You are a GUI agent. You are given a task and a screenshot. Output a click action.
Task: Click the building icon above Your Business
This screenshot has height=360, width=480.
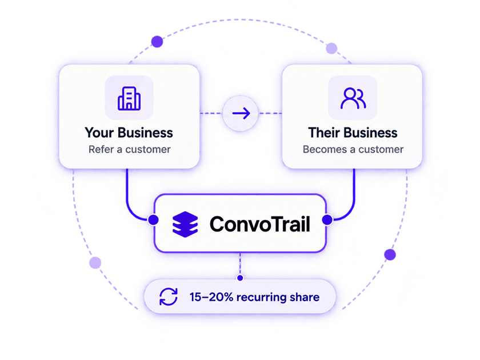coord(129,98)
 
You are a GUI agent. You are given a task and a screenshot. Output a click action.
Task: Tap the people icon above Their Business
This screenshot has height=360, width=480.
coord(353,98)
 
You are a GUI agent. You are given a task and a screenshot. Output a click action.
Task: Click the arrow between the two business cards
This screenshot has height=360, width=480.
coord(241,113)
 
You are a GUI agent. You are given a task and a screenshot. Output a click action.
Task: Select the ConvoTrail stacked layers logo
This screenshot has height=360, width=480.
coord(185,225)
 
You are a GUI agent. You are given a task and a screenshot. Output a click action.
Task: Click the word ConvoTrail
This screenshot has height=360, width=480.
coord(260,224)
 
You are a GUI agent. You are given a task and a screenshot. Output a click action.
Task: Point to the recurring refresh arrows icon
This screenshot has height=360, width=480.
coord(169,297)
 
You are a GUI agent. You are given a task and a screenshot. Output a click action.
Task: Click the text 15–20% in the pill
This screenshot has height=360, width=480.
coord(211,297)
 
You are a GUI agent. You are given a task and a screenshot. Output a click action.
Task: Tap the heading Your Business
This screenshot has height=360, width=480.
coord(129,133)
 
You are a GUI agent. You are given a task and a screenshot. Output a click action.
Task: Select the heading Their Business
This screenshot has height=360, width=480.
coord(353,133)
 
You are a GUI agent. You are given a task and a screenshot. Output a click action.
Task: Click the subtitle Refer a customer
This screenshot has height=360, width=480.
coord(130,149)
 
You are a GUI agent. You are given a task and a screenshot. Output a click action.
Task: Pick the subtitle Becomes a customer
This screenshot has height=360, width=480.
coord(353,149)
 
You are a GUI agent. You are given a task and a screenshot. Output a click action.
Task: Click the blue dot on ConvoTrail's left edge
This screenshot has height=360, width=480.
coord(153,219)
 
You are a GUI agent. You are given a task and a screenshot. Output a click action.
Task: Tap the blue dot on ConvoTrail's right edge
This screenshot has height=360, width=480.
coord(327,219)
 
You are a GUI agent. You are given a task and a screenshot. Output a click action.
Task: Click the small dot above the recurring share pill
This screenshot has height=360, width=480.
coord(240,278)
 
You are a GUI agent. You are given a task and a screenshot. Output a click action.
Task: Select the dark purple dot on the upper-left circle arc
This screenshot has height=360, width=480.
coord(157,42)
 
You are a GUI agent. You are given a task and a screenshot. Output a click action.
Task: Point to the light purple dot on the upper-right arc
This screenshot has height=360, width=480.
coord(331,49)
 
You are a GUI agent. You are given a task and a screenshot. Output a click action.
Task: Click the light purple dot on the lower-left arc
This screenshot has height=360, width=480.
coord(95,263)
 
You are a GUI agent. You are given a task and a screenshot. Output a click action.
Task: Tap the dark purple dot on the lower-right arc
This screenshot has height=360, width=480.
coord(390,255)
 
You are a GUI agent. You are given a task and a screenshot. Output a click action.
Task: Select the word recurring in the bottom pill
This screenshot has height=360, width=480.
coord(261,298)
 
